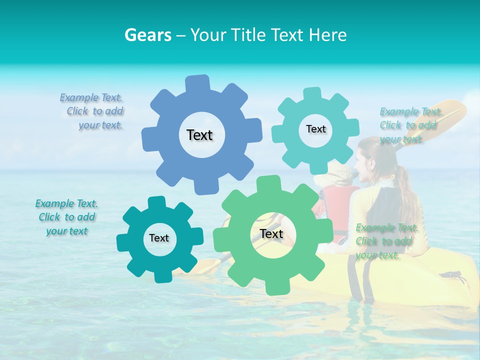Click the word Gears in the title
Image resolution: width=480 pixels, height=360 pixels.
pyautogui.click(x=147, y=35)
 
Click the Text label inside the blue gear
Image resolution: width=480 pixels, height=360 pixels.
pyautogui.click(x=199, y=135)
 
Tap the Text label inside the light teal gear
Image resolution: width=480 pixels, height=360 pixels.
pyautogui.click(x=315, y=129)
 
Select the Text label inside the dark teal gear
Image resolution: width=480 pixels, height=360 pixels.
pyautogui.click(x=159, y=238)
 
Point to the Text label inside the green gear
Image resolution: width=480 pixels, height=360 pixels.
pyautogui.click(x=271, y=233)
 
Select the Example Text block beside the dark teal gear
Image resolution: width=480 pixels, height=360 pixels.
pyautogui.click(x=67, y=217)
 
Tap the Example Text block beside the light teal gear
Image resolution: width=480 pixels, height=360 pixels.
pyautogui.click(x=410, y=125)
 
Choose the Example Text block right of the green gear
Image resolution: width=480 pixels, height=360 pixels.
pyautogui.click(x=386, y=241)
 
